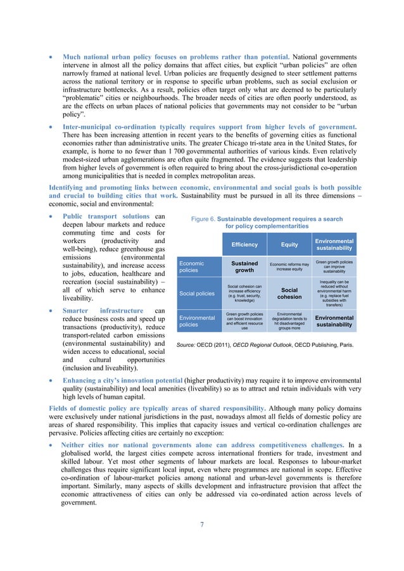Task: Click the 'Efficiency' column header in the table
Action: pos(244,244)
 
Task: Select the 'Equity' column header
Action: pos(289,244)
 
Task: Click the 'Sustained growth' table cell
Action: pos(244,267)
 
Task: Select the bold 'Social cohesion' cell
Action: pos(289,293)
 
